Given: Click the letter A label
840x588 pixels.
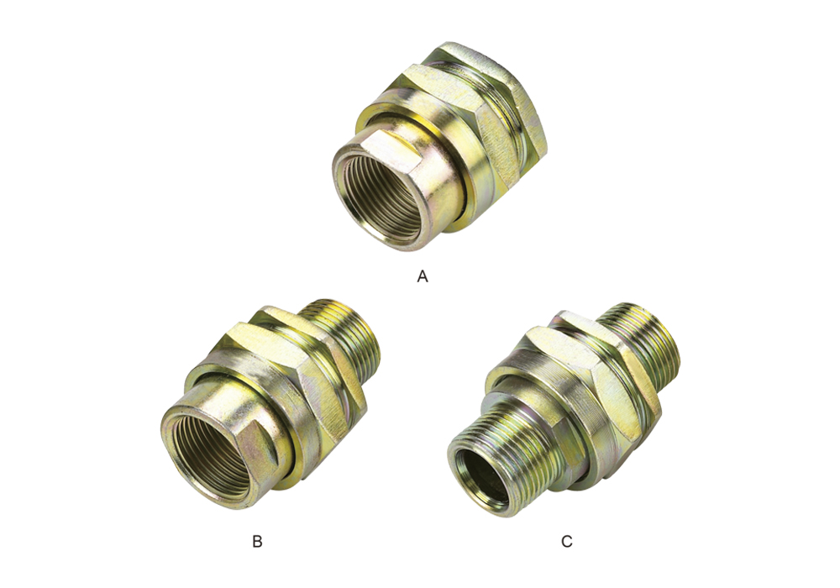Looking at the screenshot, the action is (x=423, y=276).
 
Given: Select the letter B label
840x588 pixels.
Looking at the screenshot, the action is (x=257, y=542).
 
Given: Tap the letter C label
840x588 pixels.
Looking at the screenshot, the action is (x=567, y=542).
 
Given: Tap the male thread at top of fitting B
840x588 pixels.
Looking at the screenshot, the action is (x=345, y=334).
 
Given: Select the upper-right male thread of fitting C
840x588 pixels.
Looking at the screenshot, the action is (x=640, y=343).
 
